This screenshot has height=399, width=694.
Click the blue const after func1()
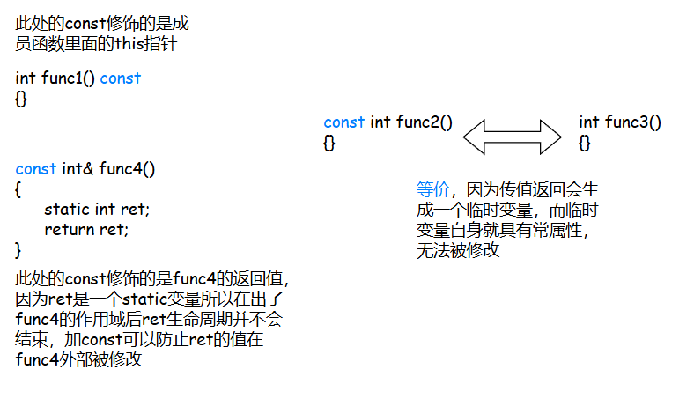pos(121,78)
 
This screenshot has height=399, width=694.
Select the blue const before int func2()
pos(343,122)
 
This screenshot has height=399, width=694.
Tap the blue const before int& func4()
pos(35,168)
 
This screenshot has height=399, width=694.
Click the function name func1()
pos(69,78)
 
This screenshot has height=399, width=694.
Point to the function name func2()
pos(425,122)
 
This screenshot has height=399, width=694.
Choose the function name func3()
pos(633,122)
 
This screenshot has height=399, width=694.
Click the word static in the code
pos(66,210)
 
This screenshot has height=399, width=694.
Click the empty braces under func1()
pos(21,99)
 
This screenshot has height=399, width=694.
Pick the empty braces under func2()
pos(329,143)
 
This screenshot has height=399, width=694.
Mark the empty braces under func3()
pos(585,143)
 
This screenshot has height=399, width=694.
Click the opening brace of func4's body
pos(18,188)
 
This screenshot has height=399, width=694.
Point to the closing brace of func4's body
pos(18,250)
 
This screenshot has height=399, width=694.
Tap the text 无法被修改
pos(458,250)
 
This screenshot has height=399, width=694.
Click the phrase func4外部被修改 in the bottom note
pos(78,360)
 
